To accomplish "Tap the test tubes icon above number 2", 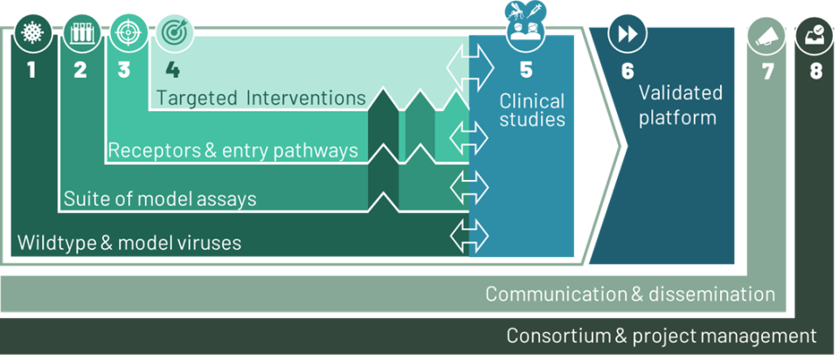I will [x=80, y=34].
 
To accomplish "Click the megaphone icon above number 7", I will [x=766, y=35].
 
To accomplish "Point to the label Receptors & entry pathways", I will [x=232, y=150].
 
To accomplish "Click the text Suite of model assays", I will [x=160, y=199].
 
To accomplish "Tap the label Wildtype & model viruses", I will [x=129, y=244].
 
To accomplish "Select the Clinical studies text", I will [x=532, y=109].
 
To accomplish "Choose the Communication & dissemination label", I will [x=630, y=294].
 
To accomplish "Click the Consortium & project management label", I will [x=662, y=336].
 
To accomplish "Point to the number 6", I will [x=628, y=72].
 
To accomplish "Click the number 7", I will [x=767, y=72].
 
